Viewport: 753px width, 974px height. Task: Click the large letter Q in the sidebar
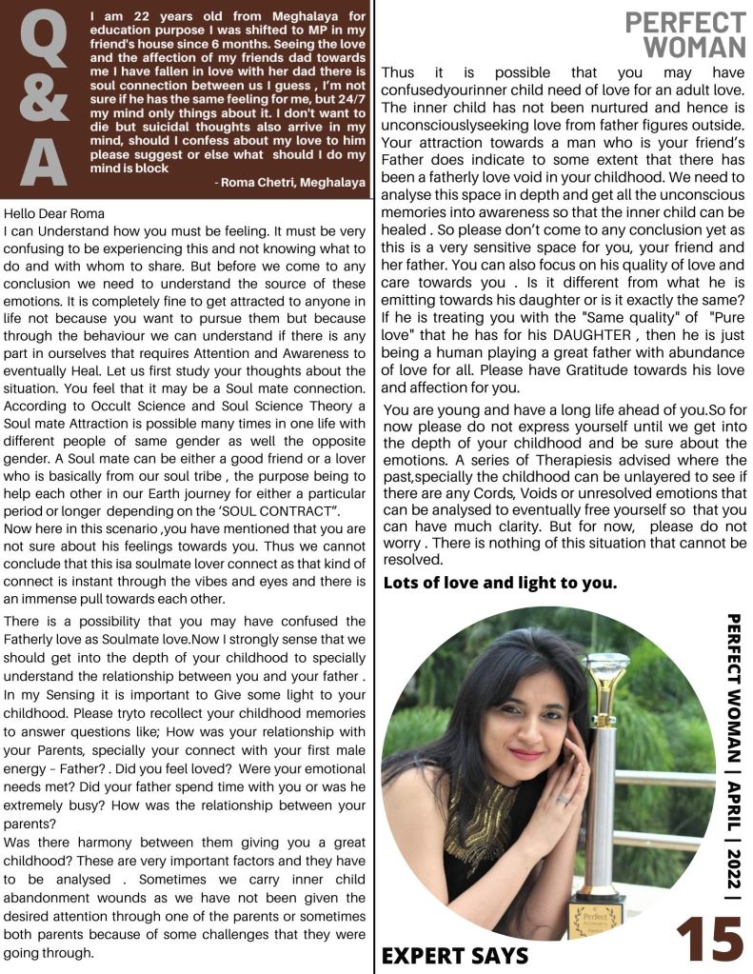coord(44,40)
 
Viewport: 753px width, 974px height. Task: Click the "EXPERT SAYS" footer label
coord(454,955)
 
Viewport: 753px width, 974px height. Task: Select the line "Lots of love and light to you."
coord(500,583)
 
